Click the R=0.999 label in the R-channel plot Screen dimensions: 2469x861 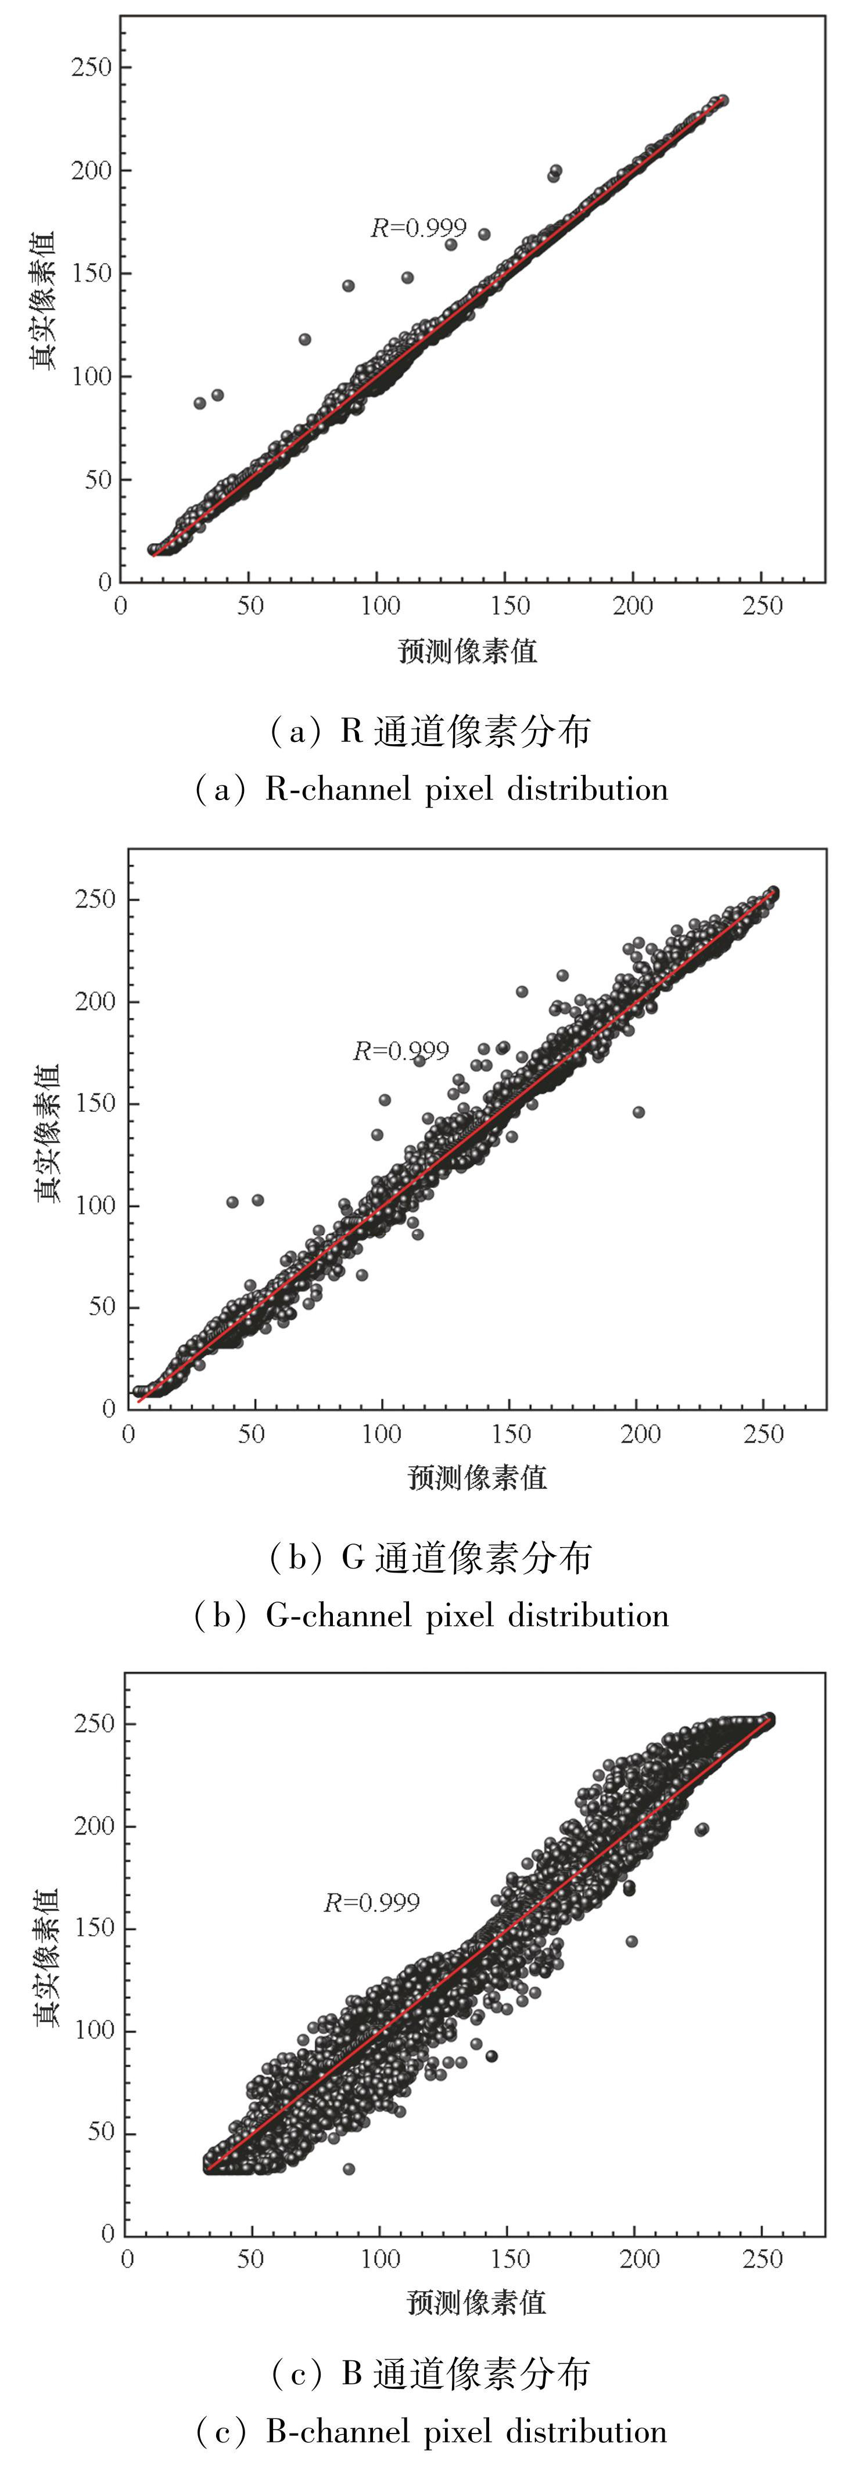click(x=418, y=228)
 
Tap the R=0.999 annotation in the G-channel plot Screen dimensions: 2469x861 click(x=401, y=1052)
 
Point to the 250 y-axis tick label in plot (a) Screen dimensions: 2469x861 click(x=91, y=67)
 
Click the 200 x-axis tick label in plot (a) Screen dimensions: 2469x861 click(x=633, y=606)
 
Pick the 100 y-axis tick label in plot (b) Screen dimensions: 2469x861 click(x=95, y=1206)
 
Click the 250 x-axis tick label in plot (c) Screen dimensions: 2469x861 click(x=762, y=2259)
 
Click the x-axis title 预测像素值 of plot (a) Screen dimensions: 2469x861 click(x=467, y=652)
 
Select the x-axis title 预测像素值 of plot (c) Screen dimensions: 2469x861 click(x=476, y=2302)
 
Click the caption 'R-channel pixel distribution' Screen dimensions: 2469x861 click(x=466, y=789)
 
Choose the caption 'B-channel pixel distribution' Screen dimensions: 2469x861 click(x=466, y=2432)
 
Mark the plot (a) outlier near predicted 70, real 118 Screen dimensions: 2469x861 click(x=305, y=339)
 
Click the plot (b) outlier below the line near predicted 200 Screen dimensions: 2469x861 click(x=638, y=1112)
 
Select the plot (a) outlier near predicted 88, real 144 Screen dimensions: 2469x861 click(x=348, y=286)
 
